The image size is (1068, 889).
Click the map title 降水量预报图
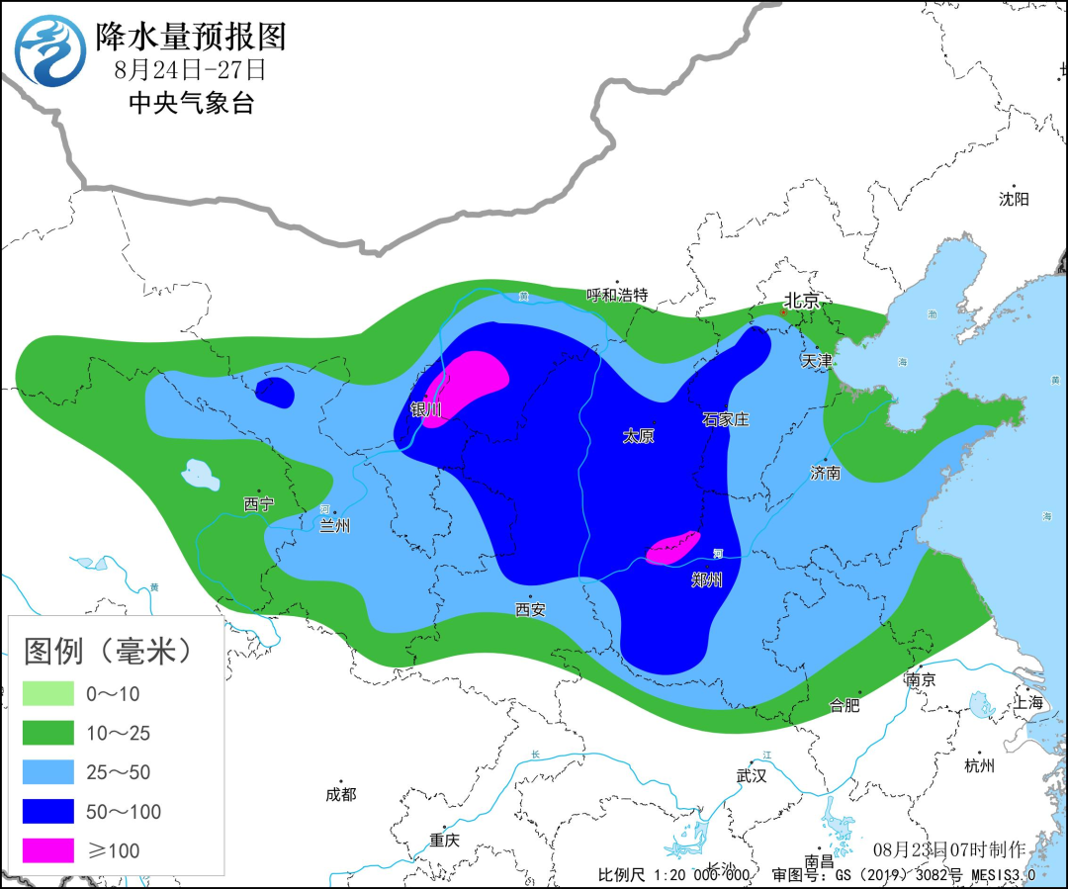coord(191,37)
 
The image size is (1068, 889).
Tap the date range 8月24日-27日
coord(190,70)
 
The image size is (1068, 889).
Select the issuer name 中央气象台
coord(191,103)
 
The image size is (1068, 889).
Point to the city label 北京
coord(802,300)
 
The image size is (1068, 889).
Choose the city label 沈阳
coord(1014,199)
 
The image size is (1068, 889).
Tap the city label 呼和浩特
coord(617,295)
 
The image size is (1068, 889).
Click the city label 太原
coord(639,436)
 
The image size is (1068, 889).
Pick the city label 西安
coord(530,609)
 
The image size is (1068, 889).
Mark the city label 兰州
coord(335,526)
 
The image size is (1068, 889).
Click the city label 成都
coord(340,794)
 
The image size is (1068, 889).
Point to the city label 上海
coord(1028,702)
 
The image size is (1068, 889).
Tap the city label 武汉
coord(752,775)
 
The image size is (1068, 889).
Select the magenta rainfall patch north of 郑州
coord(673,547)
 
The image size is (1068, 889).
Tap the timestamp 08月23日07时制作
coord(949,849)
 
